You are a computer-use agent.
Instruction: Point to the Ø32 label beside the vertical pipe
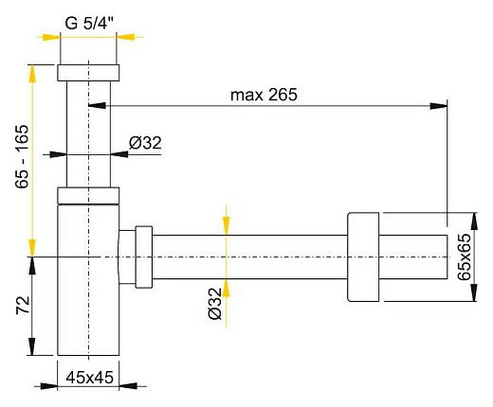[x=144, y=143]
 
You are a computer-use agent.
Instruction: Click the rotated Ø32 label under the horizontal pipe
[x=213, y=304]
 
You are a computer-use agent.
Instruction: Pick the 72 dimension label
[x=22, y=306]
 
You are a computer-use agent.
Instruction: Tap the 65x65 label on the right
[x=464, y=257]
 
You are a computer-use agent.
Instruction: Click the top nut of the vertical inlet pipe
[x=89, y=73]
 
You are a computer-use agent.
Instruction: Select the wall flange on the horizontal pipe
[x=364, y=257]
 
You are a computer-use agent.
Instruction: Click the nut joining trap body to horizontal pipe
[x=143, y=256]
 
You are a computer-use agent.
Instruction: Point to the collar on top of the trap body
[x=89, y=196]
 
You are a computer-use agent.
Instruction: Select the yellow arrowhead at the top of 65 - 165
[x=33, y=72]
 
